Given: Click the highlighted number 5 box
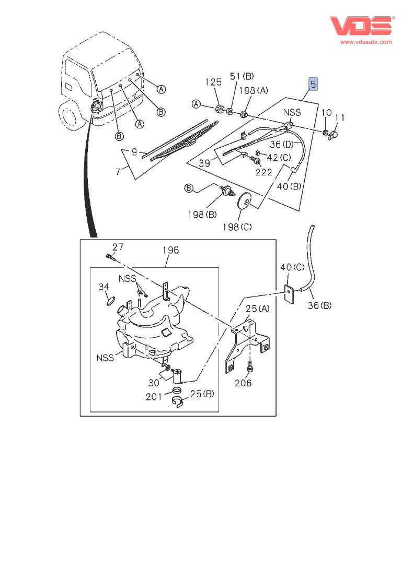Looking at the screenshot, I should click(x=313, y=84).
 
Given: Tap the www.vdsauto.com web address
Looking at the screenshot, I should click(x=366, y=42).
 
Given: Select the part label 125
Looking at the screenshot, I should click(x=213, y=82).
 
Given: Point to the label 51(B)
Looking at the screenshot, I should click(x=242, y=77).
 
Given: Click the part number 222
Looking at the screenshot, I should click(x=263, y=172).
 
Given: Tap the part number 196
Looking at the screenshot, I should click(x=170, y=250).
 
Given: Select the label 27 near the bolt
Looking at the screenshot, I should click(x=118, y=247).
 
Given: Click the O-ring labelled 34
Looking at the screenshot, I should click(x=110, y=300).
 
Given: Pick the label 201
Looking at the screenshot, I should click(x=154, y=397).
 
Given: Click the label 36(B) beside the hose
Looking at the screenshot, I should click(x=319, y=305).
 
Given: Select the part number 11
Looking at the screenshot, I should click(x=340, y=118).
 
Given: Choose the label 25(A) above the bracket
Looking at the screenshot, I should click(x=258, y=309).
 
